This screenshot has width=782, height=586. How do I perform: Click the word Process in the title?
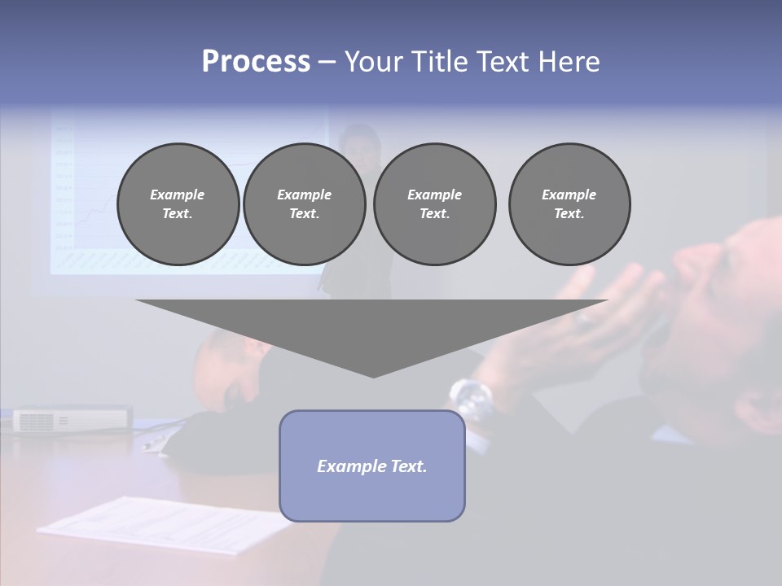pyautogui.click(x=256, y=62)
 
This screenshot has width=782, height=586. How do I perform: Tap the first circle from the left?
pyautogui.click(x=178, y=204)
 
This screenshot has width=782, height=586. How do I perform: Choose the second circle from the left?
pyautogui.click(x=304, y=204)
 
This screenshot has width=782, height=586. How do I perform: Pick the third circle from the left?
pyautogui.click(x=434, y=204)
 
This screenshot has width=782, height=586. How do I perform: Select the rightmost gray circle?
pyautogui.click(x=569, y=204)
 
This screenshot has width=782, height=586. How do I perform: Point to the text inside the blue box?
pyautogui.click(x=371, y=466)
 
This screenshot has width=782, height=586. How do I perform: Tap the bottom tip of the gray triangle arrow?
pyautogui.click(x=373, y=375)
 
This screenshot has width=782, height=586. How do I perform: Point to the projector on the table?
pyautogui.click(x=72, y=419)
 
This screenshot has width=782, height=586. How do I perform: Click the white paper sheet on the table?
pyautogui.click(x=163, y=525)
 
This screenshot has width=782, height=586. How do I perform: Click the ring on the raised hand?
pyautogui.click(x=585, y=319)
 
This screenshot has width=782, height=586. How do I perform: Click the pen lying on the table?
pyautogui.click(x=155, y=443)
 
